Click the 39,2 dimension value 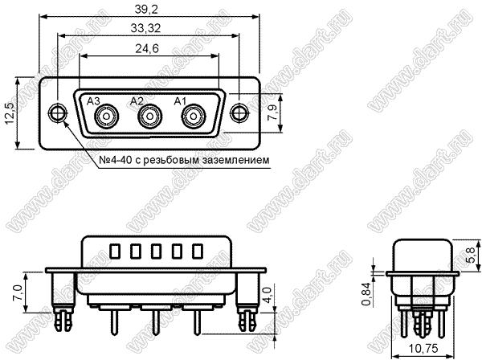146,10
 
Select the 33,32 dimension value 145,29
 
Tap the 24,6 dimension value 147,48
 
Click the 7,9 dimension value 272,112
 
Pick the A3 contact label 93,101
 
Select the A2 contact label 137,101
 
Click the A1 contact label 180,101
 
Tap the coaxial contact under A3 107,117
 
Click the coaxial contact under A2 150,117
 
